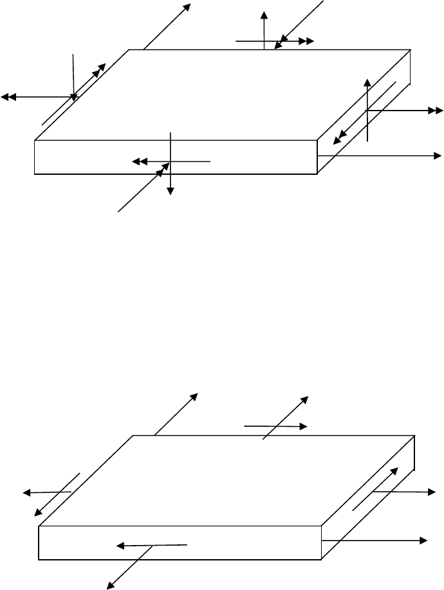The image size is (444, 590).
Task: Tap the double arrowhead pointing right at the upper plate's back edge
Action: tap(307, 41)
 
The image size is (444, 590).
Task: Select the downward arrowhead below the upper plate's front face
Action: tap(171, 190)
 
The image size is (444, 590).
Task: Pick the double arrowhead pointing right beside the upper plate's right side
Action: tap(435, 111)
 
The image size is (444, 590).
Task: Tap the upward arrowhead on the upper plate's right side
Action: tap(367, 82)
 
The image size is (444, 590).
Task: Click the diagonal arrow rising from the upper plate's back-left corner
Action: tap(167, 26)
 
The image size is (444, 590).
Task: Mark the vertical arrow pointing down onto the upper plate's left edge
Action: tap(74, 77)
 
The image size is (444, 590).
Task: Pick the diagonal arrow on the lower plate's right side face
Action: tap(380, 489)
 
